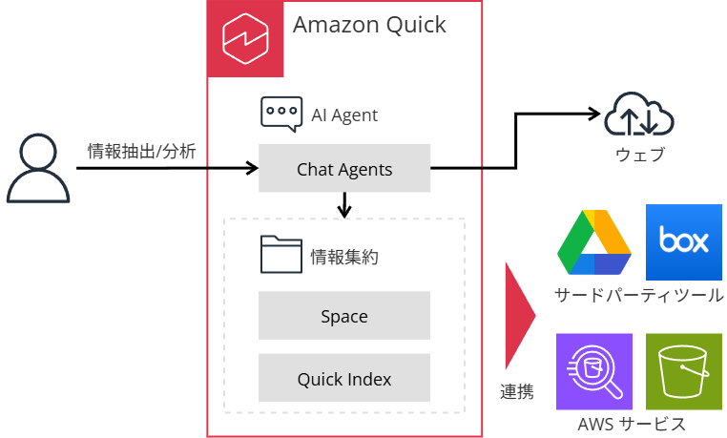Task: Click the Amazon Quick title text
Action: pos(369,26)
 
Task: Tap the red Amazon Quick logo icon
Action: pos(246,38)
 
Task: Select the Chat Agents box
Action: pos(344,170)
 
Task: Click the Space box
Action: pos(344,317)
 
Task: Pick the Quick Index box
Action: pos(344,379)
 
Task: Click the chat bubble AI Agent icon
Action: pos(281,114)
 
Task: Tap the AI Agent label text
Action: pos(344,115)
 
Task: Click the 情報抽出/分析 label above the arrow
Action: pos(141,150)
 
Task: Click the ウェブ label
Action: pos(639,155)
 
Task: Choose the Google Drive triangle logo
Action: pos(594,243)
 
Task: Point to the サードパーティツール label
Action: pos(638,295)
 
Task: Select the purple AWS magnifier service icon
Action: pos(594,372)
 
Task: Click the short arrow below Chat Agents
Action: pos(344,204)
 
